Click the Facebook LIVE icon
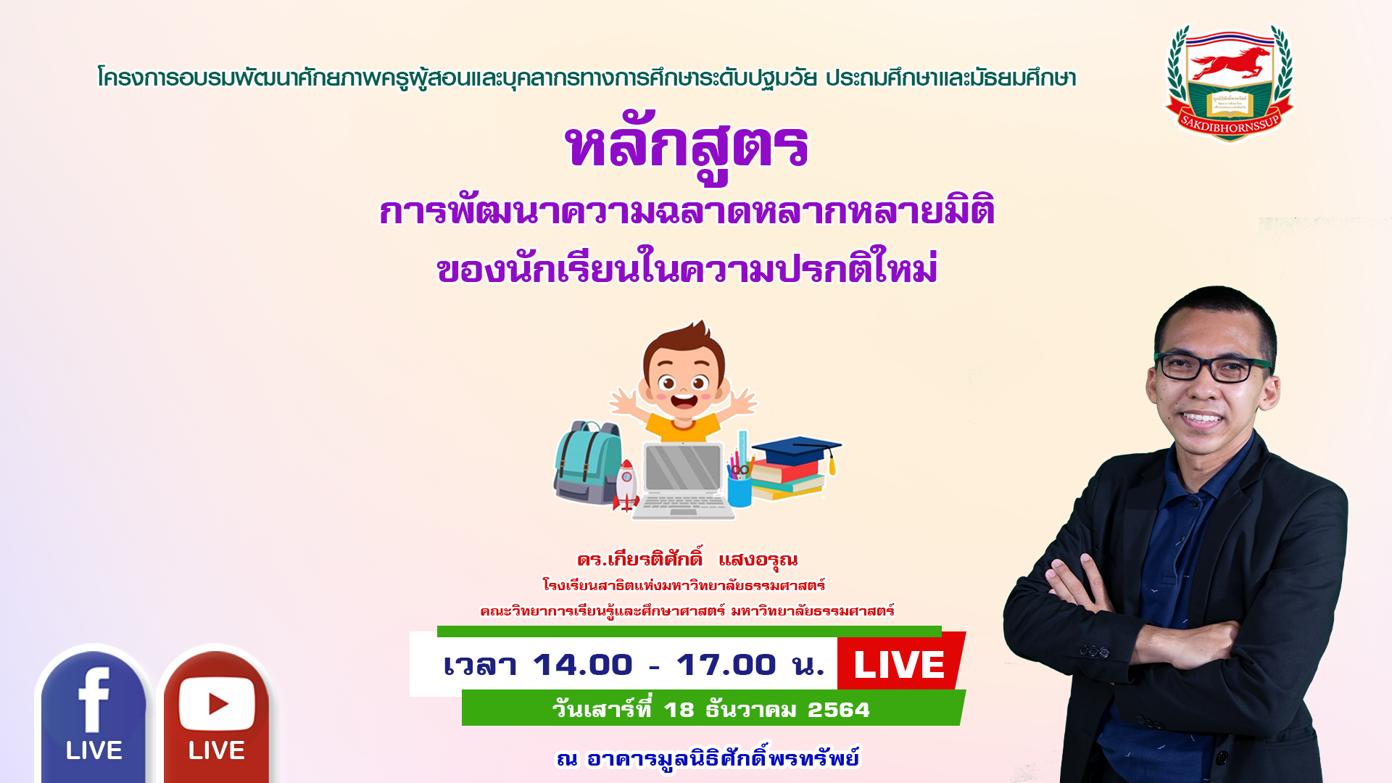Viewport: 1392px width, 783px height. (94, 714)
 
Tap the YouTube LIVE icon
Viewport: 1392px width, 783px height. (216, 714)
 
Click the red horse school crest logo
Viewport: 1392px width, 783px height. (1230, 83)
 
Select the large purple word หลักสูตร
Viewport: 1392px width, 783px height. (687, 147)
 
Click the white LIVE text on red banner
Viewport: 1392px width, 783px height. (899, 665)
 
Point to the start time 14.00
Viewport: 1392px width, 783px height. (583, 665)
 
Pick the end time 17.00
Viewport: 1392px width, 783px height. (726, 665)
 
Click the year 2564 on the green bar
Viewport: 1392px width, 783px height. (839, 710)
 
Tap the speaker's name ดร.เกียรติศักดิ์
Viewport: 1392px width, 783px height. (640, 558)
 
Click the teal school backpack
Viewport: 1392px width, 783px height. (587, 463)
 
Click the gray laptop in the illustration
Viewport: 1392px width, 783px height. (683, 480)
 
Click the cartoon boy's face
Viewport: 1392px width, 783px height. (682, 384)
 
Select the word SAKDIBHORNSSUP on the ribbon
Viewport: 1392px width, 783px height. (1230, 125)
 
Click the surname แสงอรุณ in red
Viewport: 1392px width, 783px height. (758, 560)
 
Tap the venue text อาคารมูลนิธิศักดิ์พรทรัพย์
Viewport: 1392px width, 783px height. (723, 758)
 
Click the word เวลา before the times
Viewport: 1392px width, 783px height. (480, 665)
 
